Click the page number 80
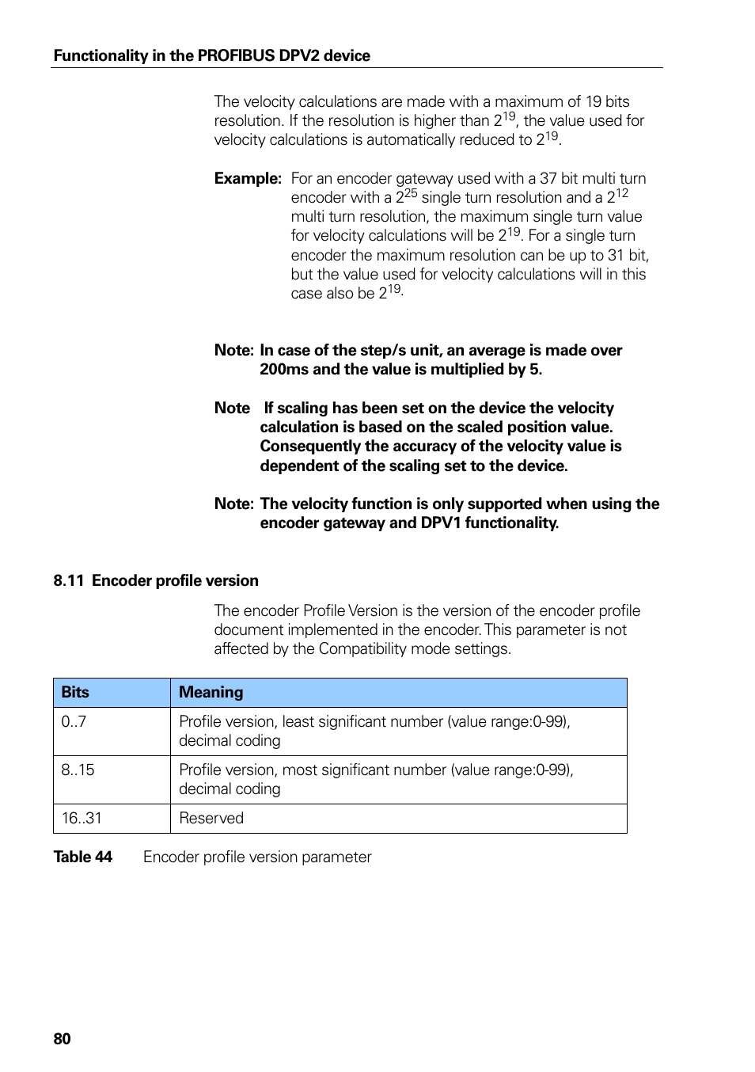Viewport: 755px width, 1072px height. click(x=62, y=1039)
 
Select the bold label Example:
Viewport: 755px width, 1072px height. click(x=247, y=178)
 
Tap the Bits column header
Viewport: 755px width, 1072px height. click(x=75, y=692)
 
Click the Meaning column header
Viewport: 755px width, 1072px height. click(x=211, y=692)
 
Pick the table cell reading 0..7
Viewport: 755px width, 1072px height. click(x=74, y=721)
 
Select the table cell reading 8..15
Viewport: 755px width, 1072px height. click(x=78, y=770)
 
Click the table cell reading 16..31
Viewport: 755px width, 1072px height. click(x=82, y=818)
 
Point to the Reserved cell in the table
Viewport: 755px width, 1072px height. click(x=211, y=818)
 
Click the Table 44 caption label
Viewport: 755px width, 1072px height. click(x=82, y=857)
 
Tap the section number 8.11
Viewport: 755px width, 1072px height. click(x=68, y=580)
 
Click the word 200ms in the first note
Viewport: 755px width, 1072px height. click(x=284, y=369)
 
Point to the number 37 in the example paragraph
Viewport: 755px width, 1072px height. click(x=548, y=178)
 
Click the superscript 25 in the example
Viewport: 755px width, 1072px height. click(x=410, y=193)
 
